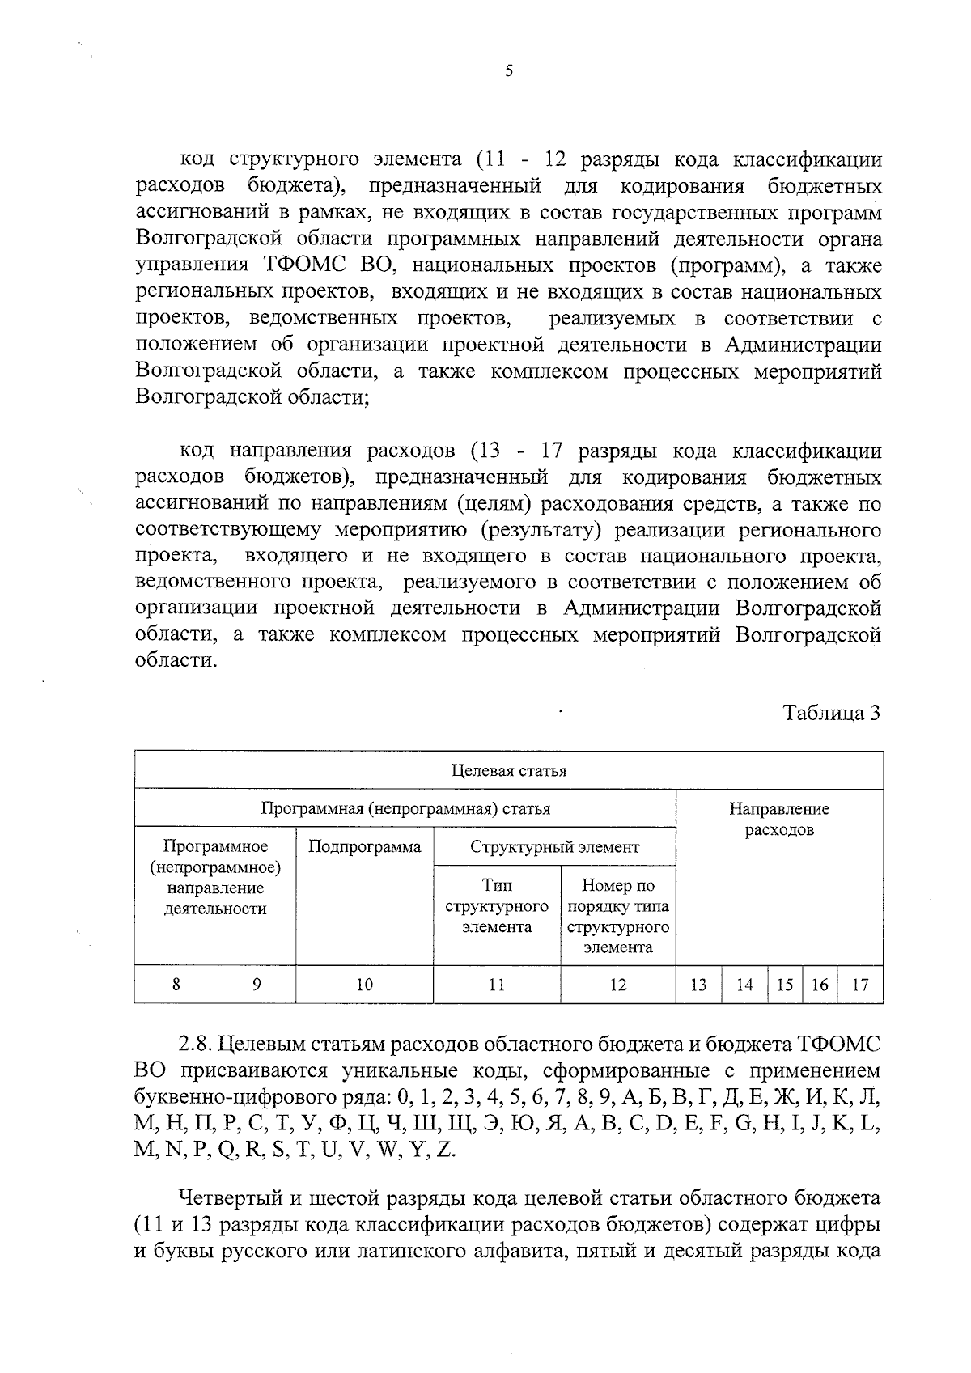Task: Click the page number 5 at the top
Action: tap(508, 70)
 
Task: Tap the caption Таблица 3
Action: tap(831, 714)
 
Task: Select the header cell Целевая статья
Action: tap(508, 770)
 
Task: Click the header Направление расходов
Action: tap(778, 819)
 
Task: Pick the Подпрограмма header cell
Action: tap(365, 847)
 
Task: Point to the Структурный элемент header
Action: tap(554, 847)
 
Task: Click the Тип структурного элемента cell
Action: tap(497, 906)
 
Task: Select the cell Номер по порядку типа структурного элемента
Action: tap(617, 916)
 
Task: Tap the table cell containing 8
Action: tap(176, 985)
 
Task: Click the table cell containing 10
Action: tap(365, 985)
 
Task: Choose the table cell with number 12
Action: tap(617, 985)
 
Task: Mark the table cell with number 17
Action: tap(860, 985)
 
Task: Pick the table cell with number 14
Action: tap(744, 985)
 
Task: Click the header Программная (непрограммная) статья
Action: tap(405, 808)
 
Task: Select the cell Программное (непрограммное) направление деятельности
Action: tap(215, 878)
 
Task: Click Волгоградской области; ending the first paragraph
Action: tap(252, 397)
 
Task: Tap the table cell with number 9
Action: tap(257, 985)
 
